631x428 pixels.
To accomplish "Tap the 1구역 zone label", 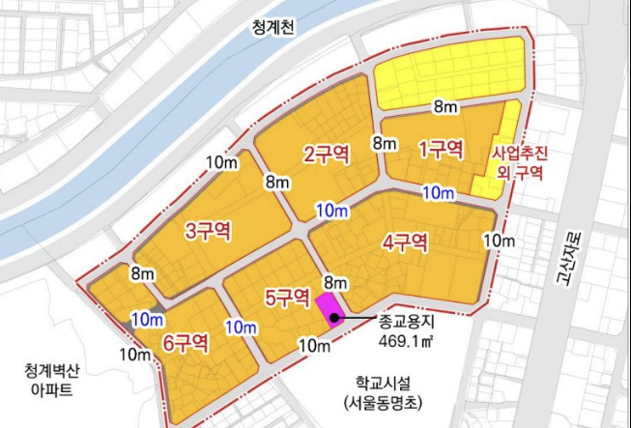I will click(x=441, y=149).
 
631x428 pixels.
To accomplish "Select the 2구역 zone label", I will click(x=325, y=155).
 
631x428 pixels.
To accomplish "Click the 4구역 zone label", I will click(x=404, y=242).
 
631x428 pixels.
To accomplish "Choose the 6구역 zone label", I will click(x=186, y=341).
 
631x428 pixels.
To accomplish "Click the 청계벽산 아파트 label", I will click(x=52, y=378).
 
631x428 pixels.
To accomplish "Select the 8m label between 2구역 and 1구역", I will click(x=385, y=144).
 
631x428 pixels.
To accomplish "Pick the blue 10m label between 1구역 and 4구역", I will click(x=439, y=193).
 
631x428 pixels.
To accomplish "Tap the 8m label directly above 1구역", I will click(x=445, y=105).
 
